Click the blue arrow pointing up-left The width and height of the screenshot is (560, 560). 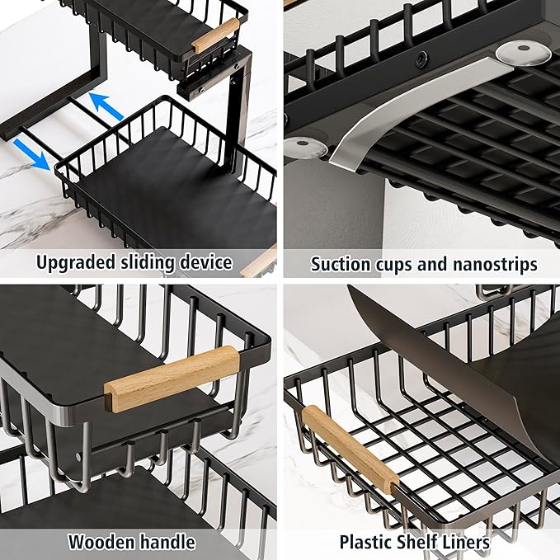(x=106, y=106)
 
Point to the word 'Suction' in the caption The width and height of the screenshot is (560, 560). (x=340, y=264)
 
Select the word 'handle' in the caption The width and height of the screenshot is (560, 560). (x=168, y=542)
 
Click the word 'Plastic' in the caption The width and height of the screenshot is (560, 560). (x=368, y=542)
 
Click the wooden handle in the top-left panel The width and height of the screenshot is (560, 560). (x=215, y=35)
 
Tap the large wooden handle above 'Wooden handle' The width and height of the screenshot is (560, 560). (x=172, y=377)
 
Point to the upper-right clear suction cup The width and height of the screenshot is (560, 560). (x=524, y=52)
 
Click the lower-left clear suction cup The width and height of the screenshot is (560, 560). (x=308, y=148)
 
